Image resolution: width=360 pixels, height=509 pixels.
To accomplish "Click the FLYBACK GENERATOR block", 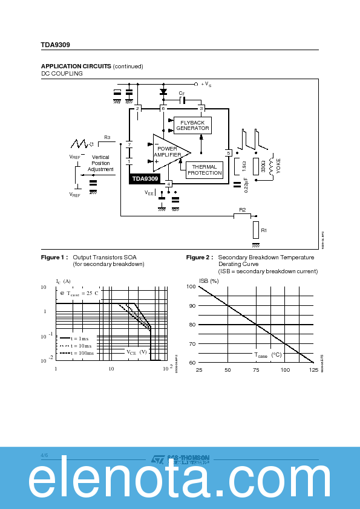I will (x=192, y=126).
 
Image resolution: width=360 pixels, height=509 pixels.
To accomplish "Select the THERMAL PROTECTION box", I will (x=205, y=170).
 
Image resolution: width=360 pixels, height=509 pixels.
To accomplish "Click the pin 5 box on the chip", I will (x=228, y=153).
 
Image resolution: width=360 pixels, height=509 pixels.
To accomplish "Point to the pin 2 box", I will (x=137, y=108).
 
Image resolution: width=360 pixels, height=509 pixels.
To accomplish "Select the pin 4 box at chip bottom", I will (x=169, y=184).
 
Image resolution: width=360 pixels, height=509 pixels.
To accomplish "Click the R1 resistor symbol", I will (x=256, y=230).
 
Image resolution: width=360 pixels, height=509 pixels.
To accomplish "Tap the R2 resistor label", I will (x=242, y=210).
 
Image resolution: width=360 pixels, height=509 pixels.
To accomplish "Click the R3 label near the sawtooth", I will (x=106, y=138).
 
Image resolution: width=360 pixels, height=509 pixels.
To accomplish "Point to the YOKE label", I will (x=278, y=166).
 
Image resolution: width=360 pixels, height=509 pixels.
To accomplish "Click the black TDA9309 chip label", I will (x=145, y=179).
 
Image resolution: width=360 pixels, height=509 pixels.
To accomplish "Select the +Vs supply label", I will (x=206, y=84).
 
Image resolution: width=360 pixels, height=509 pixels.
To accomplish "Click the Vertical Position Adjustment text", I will (x=100, y=163).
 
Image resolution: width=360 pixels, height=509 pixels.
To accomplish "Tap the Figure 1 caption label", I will (x=53, y=258).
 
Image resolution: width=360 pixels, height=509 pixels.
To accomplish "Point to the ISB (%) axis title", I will (x=209, y=280).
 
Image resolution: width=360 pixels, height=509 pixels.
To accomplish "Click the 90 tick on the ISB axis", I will (x=192, y=305).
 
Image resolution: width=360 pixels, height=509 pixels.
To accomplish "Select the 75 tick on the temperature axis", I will (x=256, y=369).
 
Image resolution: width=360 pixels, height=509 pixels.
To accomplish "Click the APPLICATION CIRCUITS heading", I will (x=76, y=66).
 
